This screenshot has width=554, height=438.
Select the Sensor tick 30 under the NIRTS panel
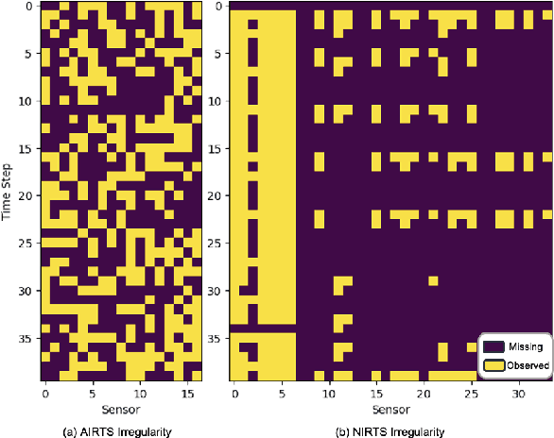click(518, 389)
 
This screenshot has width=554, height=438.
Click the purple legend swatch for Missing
click(493, 345)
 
